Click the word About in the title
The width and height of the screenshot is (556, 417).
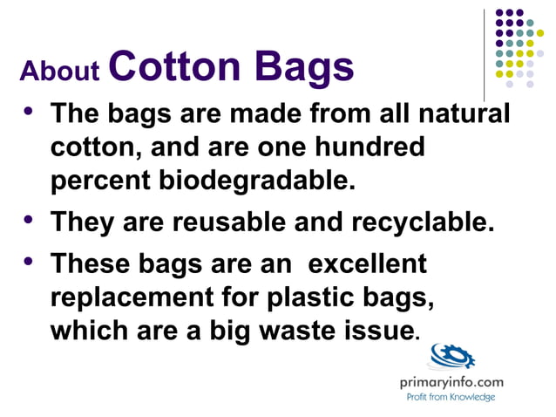pyautogui.click(x=60, y=71)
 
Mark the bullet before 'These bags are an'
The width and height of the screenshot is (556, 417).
pyautogui.click(x=30, y=259)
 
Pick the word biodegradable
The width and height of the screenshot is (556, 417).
pyautogui.click(x=257, y=181)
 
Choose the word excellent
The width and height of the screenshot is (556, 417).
pyautogui.click(x=368, y=263)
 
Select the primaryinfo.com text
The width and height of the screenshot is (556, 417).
pyautogui.click(x=451, y=382)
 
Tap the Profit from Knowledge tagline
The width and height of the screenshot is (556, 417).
pyautogui.click(x=451, y=397)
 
